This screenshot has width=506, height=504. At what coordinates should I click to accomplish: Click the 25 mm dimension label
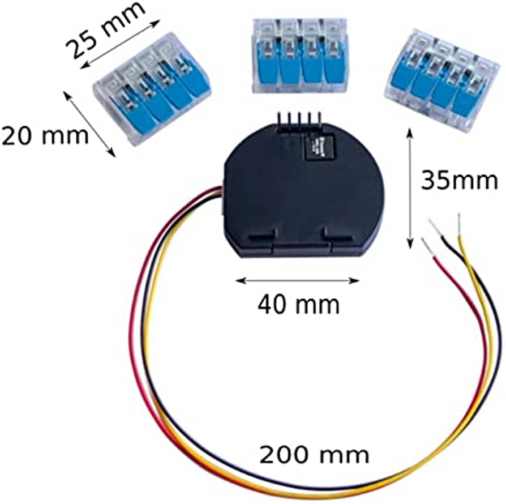(105, 31)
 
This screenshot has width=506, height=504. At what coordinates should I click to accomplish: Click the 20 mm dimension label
(45, 135)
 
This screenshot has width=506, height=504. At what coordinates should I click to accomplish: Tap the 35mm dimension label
(459, 180)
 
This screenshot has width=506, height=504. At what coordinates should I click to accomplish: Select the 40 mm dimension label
(298, 304)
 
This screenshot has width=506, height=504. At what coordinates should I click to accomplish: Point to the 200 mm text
(314, 455)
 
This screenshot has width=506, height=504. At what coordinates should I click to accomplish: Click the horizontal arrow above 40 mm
(297, 280)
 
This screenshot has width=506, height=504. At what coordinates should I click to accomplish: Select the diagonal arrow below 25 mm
(120, 44)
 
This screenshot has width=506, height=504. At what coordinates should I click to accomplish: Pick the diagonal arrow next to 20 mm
(90, 124)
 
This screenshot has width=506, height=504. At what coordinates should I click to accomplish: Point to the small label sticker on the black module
(320, 147)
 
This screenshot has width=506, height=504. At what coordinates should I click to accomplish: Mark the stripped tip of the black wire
(435, 228)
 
